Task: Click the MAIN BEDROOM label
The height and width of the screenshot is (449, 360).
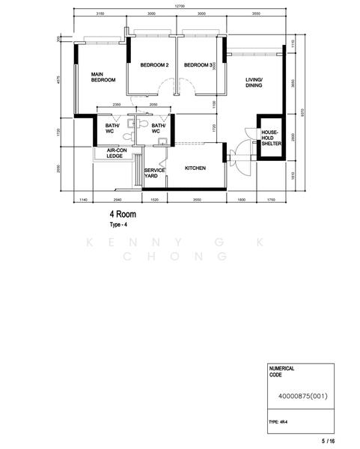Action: click(x=103, y=77)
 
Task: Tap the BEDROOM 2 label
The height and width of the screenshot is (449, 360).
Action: click(x=154, y=65)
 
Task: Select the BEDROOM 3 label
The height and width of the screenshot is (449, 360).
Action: click(x=198, y=65)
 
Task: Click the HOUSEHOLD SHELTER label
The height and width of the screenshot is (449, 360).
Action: click(x=269, y=138)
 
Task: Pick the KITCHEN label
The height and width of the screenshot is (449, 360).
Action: click(x=195, y=168)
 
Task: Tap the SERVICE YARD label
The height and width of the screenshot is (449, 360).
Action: click(x=154, y=174)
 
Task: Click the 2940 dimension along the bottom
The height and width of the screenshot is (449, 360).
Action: click(x=117, y=201)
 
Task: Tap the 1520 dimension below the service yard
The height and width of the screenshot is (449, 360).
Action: click(x=155, y=201)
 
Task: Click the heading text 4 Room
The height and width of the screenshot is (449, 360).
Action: click(x=125, y=214)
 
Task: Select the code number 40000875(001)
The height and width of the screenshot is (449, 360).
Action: click(x=299, y=396)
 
